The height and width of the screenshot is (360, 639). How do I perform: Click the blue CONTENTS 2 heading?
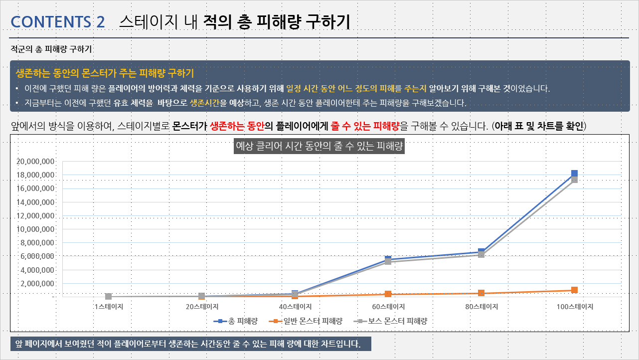click(58, 22)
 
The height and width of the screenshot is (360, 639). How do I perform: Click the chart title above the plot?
click(319, 147)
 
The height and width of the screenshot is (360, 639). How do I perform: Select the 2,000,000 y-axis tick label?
click(37, 283)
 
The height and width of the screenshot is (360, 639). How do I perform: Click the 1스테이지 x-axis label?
click(108, 307)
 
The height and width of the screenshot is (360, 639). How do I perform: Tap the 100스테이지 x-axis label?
click(574, 307)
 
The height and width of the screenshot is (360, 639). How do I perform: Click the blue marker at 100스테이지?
click(574, 173)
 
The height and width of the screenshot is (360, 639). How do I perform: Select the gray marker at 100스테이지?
click(574, 180)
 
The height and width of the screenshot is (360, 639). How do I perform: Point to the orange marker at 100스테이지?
click(574, 290)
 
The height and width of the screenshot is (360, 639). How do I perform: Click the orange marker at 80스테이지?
click(481, 293)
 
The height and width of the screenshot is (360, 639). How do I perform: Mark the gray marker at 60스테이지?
click(388, 262)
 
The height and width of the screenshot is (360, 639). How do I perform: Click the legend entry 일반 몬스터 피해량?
click(306, 321)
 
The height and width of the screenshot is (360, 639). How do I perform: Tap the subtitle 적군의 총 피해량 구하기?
click(51, 49)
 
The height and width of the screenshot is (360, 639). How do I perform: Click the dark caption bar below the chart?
click(190, 344)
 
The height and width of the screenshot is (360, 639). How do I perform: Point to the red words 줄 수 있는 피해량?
click(364, 126)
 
